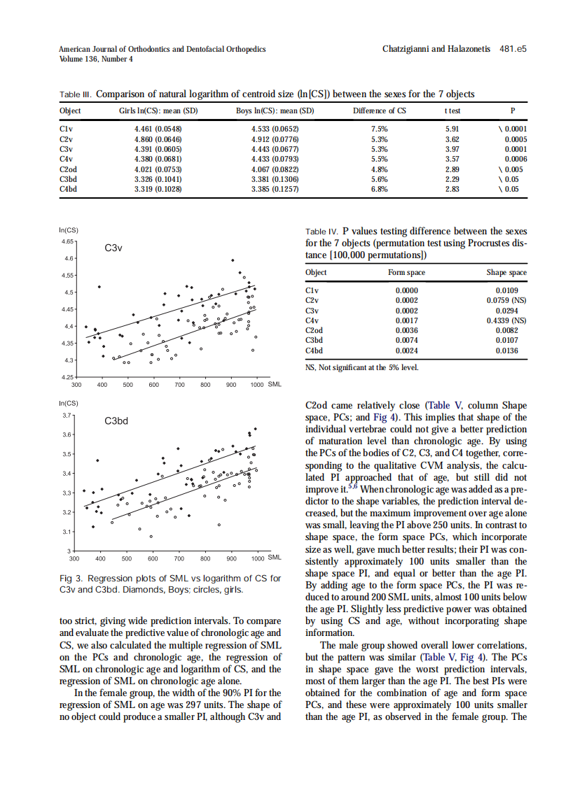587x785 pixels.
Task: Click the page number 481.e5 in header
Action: click(513, 50)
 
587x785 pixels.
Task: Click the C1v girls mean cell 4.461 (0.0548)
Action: click(158, 129)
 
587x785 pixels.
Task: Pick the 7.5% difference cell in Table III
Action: click(379, 129)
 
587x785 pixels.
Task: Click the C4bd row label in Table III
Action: click(69, 188)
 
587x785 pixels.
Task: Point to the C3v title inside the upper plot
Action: click(113, 248)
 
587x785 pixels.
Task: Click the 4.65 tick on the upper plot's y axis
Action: click(67, 241)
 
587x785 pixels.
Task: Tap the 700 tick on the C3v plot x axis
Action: click(179, 385)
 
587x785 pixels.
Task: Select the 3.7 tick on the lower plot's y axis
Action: click(68, 416)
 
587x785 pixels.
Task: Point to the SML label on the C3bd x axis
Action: click(275, 558)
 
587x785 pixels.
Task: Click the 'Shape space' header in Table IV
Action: click(506, 273)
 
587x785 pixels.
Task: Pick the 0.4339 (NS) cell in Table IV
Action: click(502, 320)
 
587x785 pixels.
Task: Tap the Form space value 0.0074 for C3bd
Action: click(406, 341)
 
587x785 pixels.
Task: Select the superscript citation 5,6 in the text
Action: click(352, 487)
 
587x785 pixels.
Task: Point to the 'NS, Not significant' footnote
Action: click(361, 367)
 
